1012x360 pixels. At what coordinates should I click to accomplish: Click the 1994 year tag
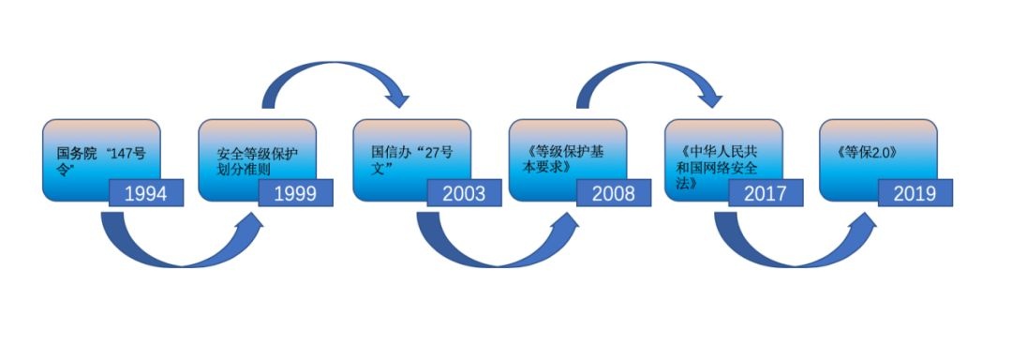[146, 193]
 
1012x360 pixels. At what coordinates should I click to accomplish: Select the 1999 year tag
[295, 193]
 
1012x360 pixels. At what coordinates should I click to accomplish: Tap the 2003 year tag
[464, 193]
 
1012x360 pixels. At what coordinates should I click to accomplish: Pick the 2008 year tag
[614, 193]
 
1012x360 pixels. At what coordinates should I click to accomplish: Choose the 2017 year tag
[766, 193]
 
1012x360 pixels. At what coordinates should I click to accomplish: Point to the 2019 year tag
[915, 193]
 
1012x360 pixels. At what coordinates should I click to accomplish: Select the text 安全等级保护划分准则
[258, 162]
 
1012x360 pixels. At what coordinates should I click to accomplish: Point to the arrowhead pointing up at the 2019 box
[865, 222]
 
